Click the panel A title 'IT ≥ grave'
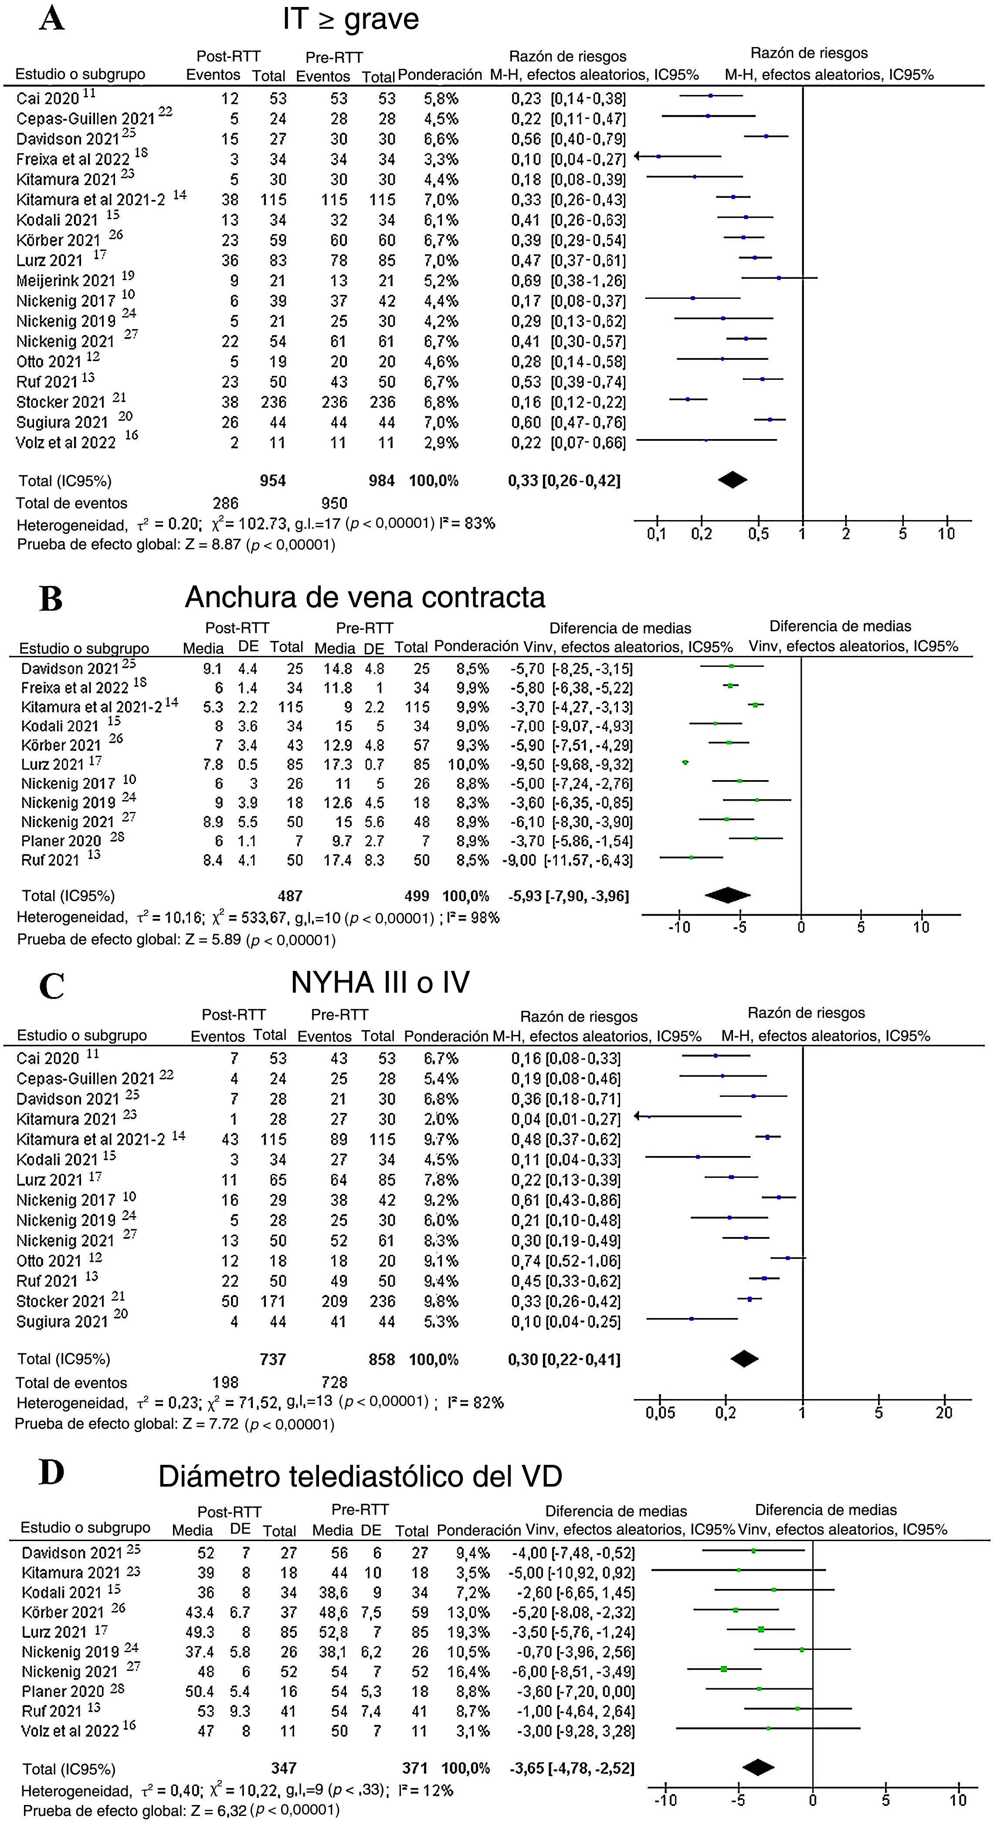pyautogui.click(x=350, y=19)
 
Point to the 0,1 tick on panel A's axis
pyautogui.click(x=657, y=534)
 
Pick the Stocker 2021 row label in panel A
pyautogui.click(x=61, y=402)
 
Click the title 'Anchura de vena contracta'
pyautogui.click(x=365, y=598)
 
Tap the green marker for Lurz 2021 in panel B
pyautogui.click(x=685, y=762)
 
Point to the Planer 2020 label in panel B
pyautogui.click(x=61, y=841)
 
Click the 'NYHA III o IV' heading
pyautogui.click(x=380, y=983)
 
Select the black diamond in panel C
pyautogui.click(x=743, y=1358)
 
